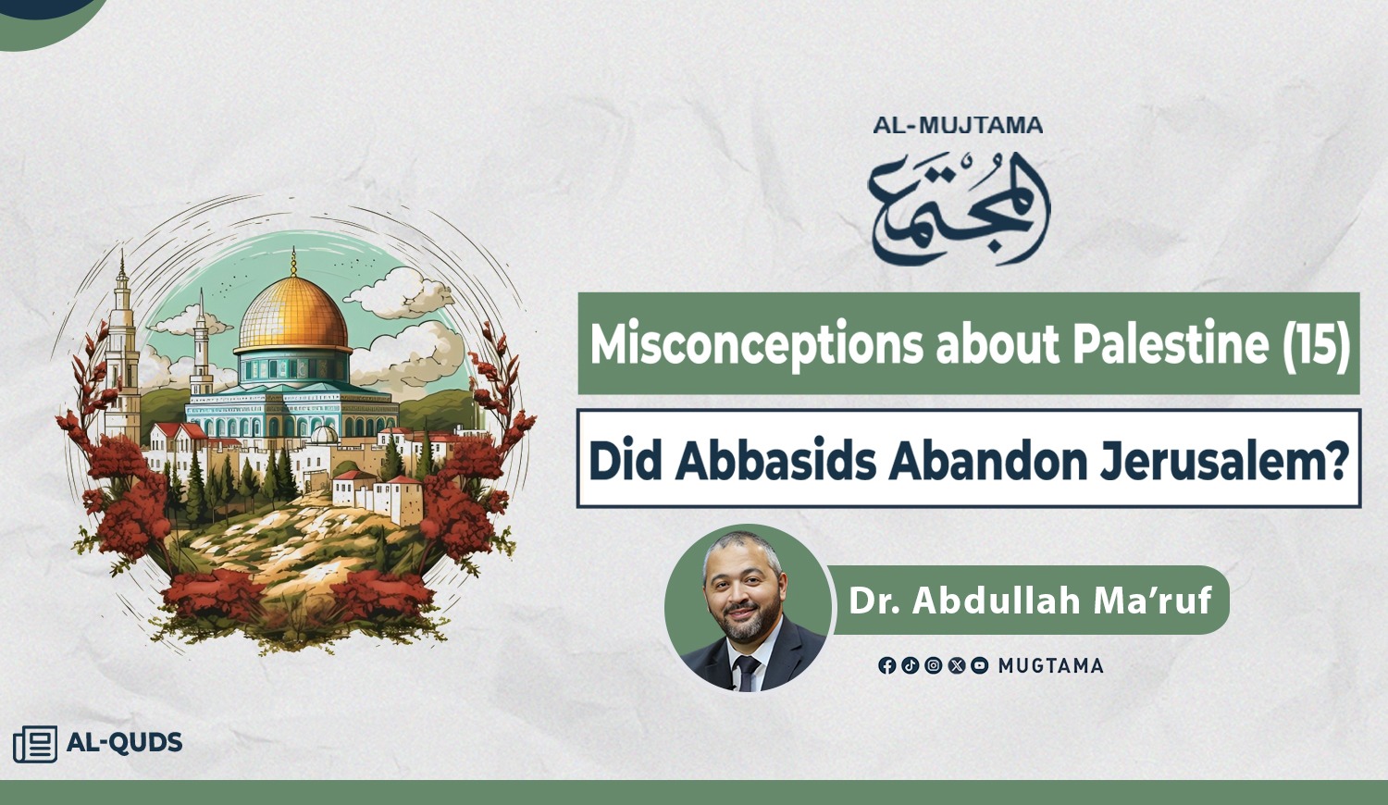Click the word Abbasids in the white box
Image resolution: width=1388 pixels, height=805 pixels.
coord(775,462)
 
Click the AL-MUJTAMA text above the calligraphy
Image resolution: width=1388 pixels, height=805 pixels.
coord(958,125)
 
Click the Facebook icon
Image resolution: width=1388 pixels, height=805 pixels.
coord(886,665)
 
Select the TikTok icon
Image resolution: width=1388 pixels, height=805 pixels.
coord(910,665)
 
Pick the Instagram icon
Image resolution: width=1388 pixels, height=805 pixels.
coord(933,665)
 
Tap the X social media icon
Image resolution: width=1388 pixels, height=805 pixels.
coord(956,665)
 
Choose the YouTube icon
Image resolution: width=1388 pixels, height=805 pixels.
coord(979,665)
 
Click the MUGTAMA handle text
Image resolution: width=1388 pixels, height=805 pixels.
coord(1051,666)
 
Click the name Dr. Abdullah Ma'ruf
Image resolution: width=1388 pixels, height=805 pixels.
coord(1030,601)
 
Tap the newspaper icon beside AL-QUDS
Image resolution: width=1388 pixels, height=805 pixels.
coord(35,744)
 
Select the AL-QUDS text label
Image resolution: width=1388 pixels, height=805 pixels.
coord(125,742)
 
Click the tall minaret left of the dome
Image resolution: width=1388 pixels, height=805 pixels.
coord(121,347)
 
